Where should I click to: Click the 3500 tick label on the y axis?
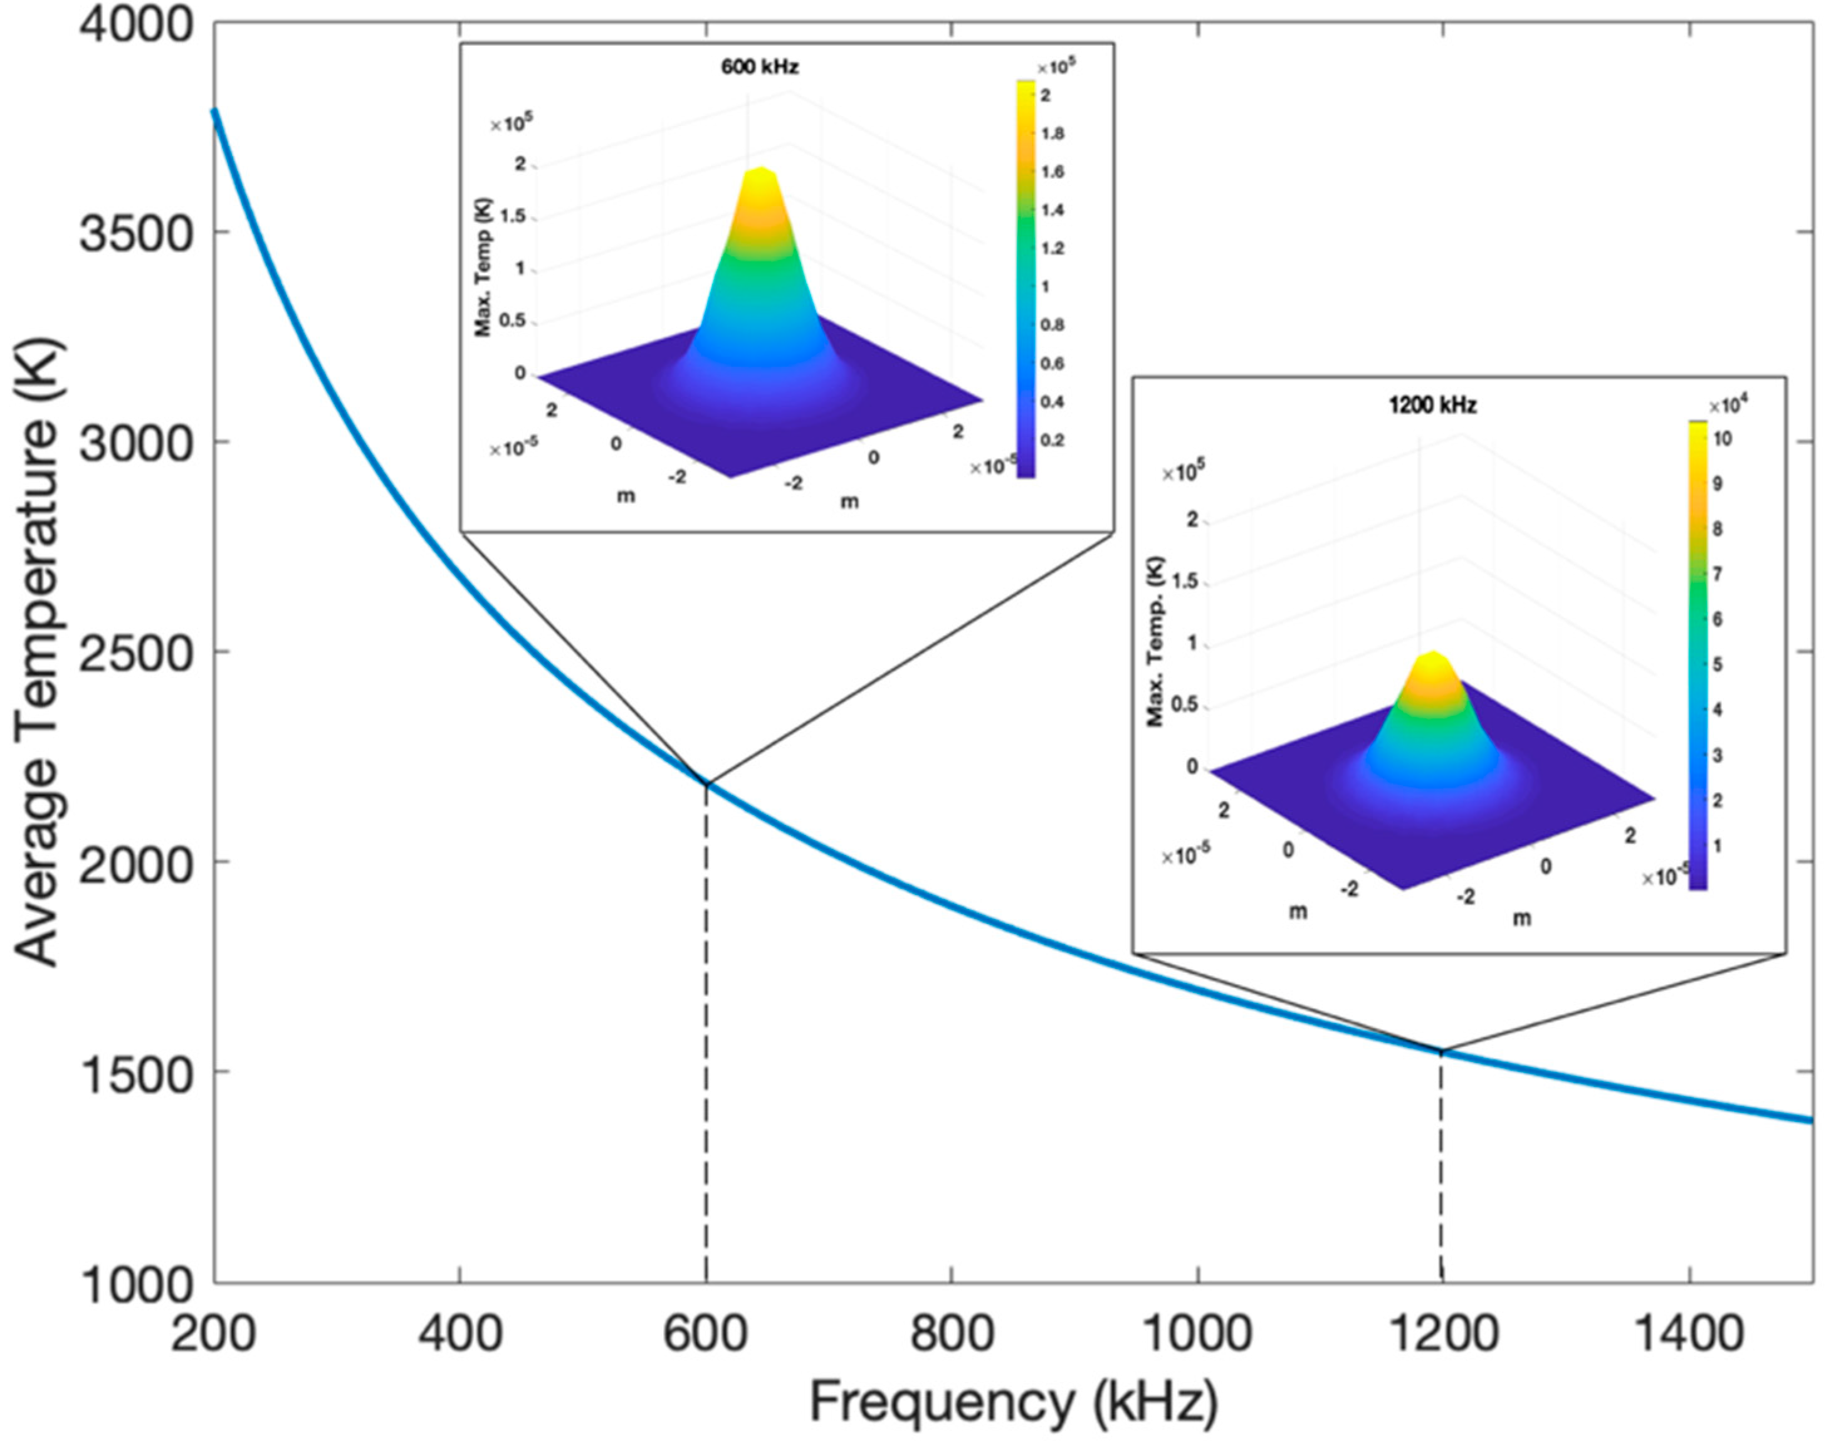click(135, 233)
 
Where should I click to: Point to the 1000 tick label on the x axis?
click(1197, 1333)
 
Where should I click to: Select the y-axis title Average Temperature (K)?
click(38, 652)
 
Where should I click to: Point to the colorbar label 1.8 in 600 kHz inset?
click(1052, 134)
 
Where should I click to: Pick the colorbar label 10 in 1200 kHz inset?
click(1722, 439)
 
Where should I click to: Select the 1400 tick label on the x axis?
click(1689, 1333)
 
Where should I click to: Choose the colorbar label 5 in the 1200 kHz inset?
click(1717, 664)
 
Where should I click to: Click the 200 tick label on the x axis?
click(213, 1333)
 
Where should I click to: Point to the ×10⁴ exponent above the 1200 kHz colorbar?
click(1728, 406)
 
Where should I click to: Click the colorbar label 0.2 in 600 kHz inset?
click(1052, 440)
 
